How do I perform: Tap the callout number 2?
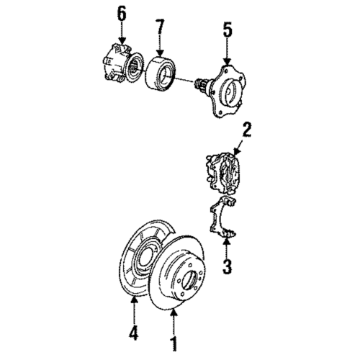(x=246, y=130)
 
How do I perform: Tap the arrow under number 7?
(x=161, y=49)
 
